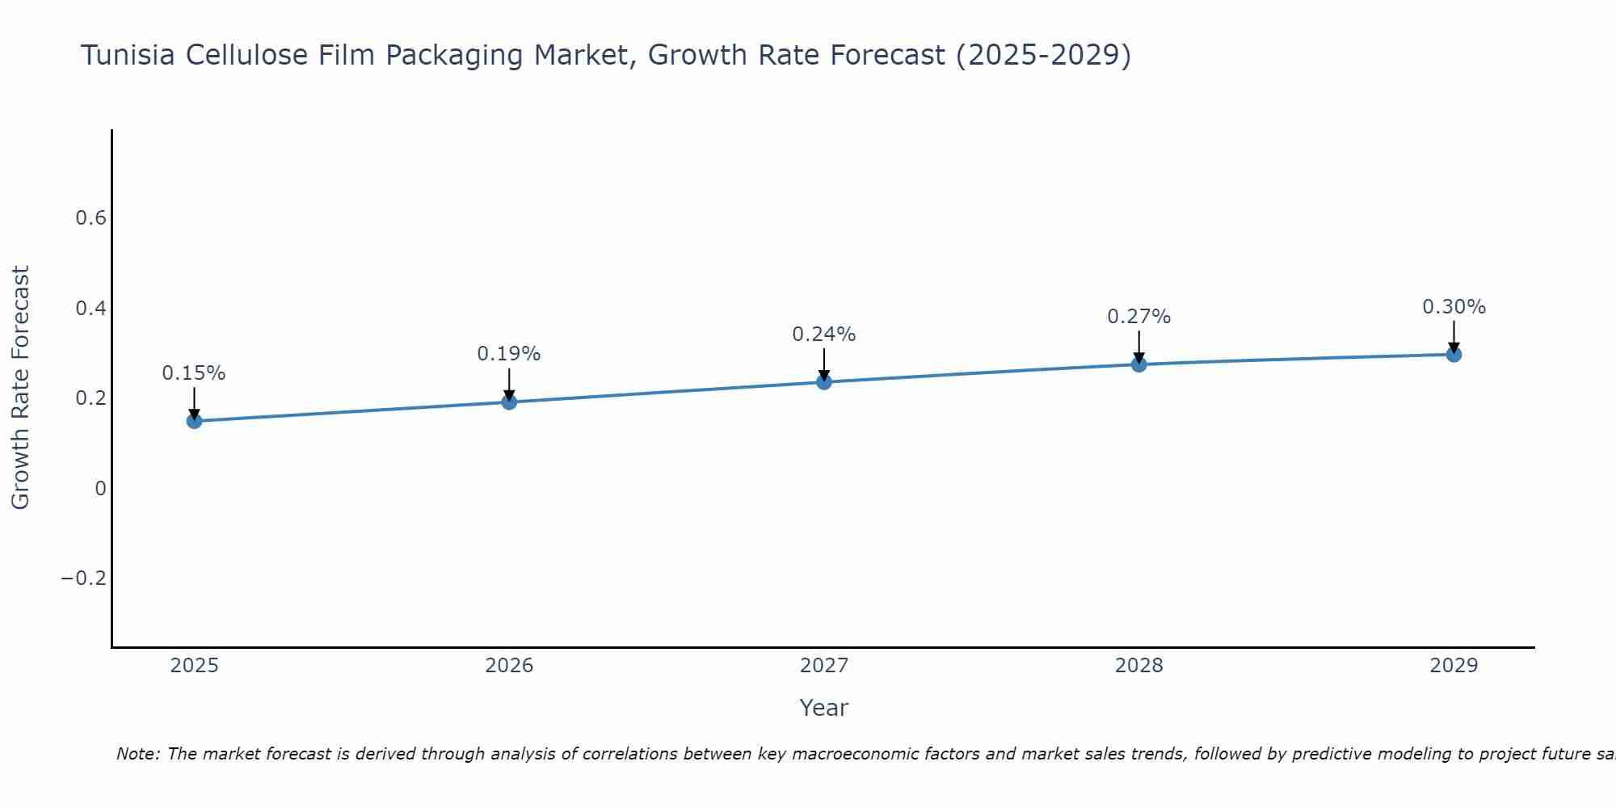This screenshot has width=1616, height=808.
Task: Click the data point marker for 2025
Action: (x=194, y=421)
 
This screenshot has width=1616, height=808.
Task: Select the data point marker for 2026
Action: (x=509, y=402)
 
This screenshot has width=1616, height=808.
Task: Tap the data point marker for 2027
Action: (x=824, y=381)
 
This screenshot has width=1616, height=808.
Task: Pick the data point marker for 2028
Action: (x=1139, y=364)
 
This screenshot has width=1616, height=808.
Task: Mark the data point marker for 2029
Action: (x=1454, y=354)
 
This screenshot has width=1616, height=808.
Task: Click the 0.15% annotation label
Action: (x=194, y=373)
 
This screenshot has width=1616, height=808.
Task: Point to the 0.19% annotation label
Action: (x=509, y=354)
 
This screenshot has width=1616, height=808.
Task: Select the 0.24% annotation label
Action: (x=824, y=335)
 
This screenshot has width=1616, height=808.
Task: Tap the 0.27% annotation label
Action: (x=1139, y=317)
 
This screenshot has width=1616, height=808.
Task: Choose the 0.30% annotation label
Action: (x=1454, y=307)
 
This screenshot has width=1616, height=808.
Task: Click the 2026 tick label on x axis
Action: (x=509, y=666)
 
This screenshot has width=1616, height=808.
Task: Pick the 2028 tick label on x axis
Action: (x=1139, y=666)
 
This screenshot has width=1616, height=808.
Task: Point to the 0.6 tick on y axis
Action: (x=90, y=218)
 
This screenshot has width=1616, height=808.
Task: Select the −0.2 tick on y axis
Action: (x=83, y=579)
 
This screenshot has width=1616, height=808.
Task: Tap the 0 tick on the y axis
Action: (x=100, y=488)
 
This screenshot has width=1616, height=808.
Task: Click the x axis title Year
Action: (x=823, y=708)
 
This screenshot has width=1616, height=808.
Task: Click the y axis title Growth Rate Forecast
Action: (x=20, y=387)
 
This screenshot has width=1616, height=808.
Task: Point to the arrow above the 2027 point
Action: (x=824, y=364)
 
